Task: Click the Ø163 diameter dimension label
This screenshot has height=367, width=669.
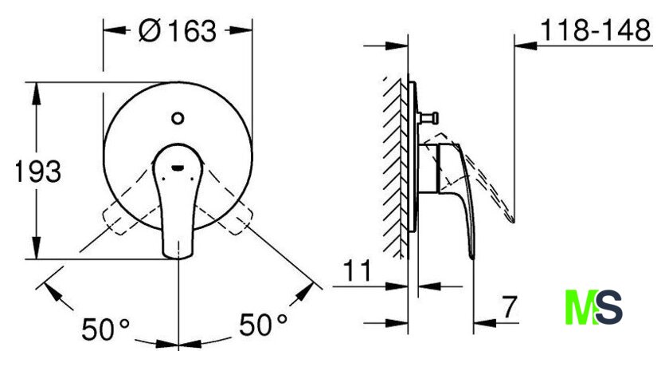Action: click(x=178, y=31)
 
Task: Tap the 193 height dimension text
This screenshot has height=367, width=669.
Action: click(x=37, y=172)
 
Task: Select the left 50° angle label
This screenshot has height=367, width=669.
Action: click(x=105, y=329)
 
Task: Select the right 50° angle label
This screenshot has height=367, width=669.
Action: click(x=263, y=324)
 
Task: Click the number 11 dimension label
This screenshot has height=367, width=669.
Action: click(x=358, y=270)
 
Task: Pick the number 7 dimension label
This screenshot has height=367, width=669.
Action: click(x=509, y=306)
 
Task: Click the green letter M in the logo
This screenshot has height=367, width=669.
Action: click(x=580, y=307)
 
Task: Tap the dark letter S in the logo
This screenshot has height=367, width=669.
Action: click(x=608, y=307)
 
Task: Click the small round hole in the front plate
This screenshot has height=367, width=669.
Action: click(x=178, y=118)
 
